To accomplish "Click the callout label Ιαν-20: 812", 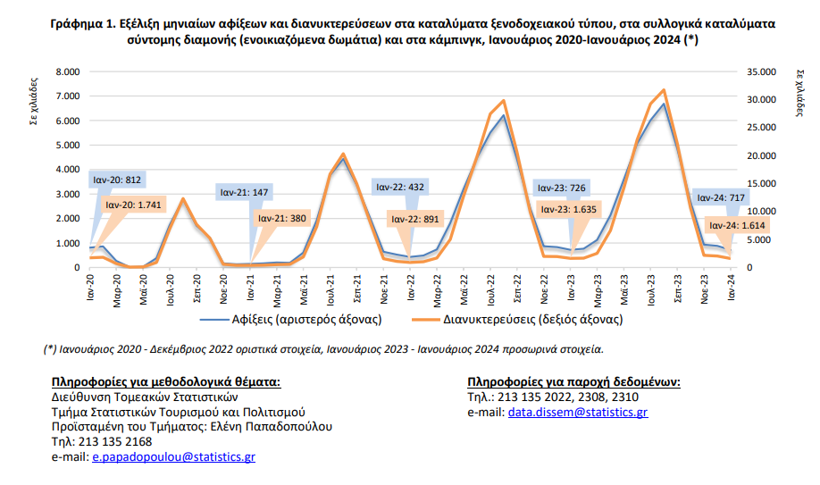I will (117, 180).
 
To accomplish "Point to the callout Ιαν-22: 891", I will (414, 219).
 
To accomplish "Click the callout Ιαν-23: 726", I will (560, 188).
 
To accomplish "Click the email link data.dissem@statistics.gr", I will (578, 412).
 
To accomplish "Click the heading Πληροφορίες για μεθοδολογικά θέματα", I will (166, 382).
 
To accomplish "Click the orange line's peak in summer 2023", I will (663, 90).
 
